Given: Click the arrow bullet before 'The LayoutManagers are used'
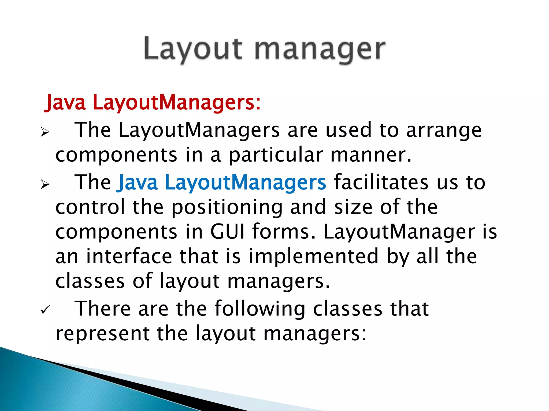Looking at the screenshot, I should [45, 132].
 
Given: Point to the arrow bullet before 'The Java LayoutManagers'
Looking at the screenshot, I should [45, 184].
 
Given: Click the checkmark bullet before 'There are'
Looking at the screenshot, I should [44, 310].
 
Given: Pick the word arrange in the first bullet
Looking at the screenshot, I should [444, 130].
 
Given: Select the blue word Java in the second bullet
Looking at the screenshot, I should [137, 183].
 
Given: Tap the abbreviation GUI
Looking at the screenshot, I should [227, 232].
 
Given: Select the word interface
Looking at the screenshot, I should [129, 257].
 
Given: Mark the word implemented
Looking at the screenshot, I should [314, 257].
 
